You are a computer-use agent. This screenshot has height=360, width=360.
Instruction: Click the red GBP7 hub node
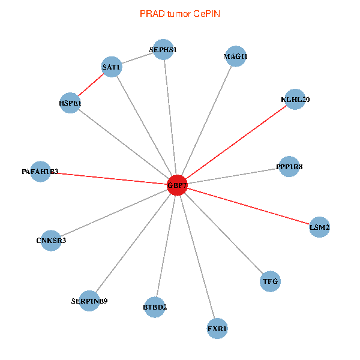[177, 185]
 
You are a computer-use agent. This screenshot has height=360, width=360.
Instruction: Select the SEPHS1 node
[163, 50]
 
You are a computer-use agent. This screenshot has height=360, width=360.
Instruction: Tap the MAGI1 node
[236, 56]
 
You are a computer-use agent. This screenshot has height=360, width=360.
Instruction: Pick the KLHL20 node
[295, 99]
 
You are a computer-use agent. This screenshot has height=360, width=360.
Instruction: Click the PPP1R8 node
[289, 167]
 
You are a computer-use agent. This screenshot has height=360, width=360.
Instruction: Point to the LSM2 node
[319, 227]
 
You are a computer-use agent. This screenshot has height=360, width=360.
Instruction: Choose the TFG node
[270, 281]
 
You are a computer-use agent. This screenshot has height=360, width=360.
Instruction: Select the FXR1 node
[217, 329]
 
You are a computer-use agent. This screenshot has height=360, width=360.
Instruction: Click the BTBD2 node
[155, 307]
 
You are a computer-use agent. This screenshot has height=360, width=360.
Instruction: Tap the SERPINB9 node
[89, 301]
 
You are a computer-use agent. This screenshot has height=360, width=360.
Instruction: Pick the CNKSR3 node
[51, 241]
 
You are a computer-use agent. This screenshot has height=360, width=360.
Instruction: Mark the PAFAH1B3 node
[40, 172]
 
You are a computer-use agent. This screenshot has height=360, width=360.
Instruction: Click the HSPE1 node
[70, 103]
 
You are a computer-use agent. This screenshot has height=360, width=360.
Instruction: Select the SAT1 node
[112, 67]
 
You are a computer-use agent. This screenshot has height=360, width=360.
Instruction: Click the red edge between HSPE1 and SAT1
[91, 85]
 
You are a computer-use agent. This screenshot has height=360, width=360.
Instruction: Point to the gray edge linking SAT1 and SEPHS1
[137, 58]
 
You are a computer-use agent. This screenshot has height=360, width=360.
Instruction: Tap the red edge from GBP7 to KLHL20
[236, 142]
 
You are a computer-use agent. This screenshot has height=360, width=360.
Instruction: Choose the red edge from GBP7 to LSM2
[248, 206]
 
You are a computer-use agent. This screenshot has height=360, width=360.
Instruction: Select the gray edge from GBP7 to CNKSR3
[114, 213]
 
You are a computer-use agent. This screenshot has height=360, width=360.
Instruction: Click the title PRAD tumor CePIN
[180, 14]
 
